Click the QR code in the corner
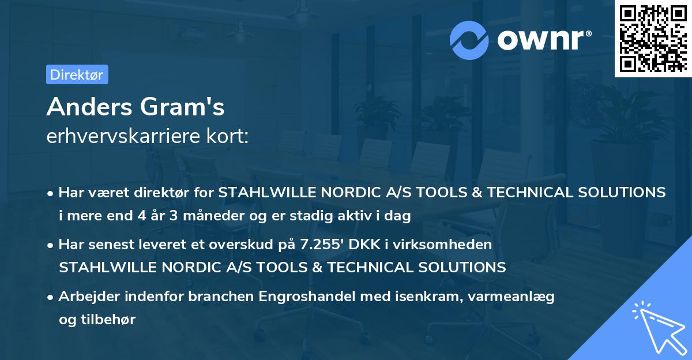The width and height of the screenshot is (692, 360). click(652, 38)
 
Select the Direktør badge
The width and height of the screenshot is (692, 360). click(77, 74)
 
